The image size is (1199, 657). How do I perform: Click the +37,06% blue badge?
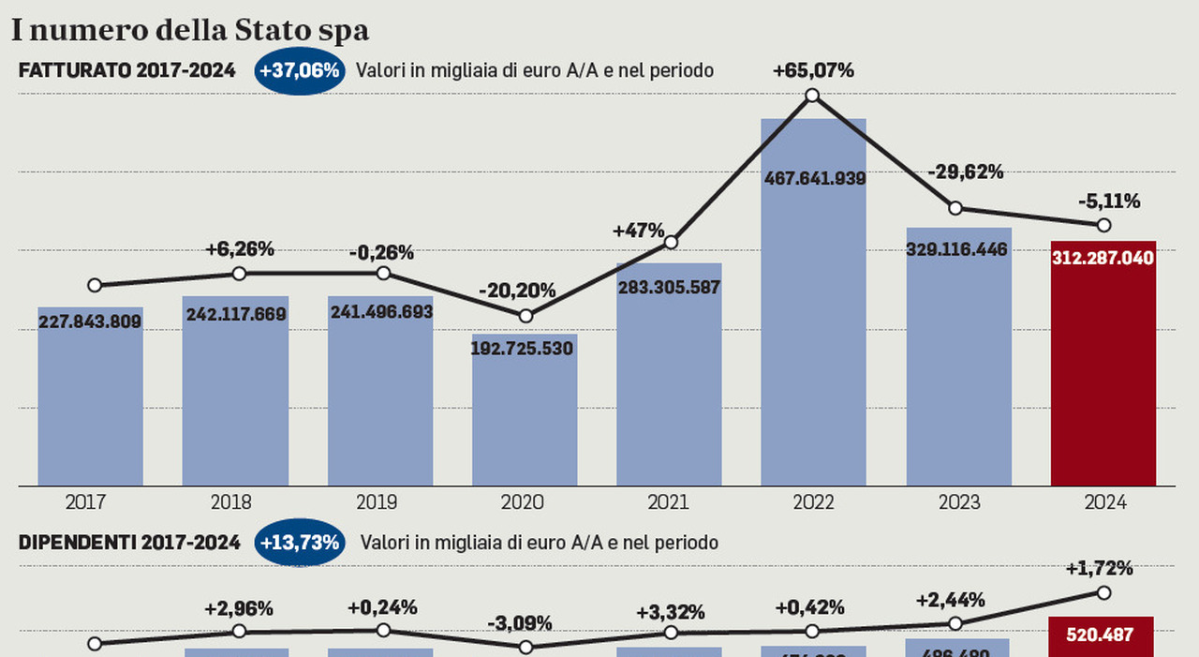pos(300,71)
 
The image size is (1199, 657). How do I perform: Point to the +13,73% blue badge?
pos(300,543)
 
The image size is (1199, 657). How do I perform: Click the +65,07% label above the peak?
pos(813,70)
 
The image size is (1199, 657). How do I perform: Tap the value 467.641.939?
pos(813,178)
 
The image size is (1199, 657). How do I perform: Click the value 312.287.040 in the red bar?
pos(1103,258)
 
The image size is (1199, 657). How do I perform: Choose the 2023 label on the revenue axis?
pos(959,502)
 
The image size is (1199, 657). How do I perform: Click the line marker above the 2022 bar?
pos(812,95)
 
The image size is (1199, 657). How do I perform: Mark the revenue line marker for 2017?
pos(95,285)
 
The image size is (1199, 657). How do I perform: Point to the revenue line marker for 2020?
pos(525,316)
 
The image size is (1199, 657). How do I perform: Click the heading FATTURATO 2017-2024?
pos(126,71)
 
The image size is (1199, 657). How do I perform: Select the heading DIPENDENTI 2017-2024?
pos(129,543)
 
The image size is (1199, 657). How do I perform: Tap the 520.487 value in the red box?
pos(1101,635)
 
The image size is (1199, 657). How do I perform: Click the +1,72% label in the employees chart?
pos(1099,568)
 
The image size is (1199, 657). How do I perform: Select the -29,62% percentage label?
pos(965,172)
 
